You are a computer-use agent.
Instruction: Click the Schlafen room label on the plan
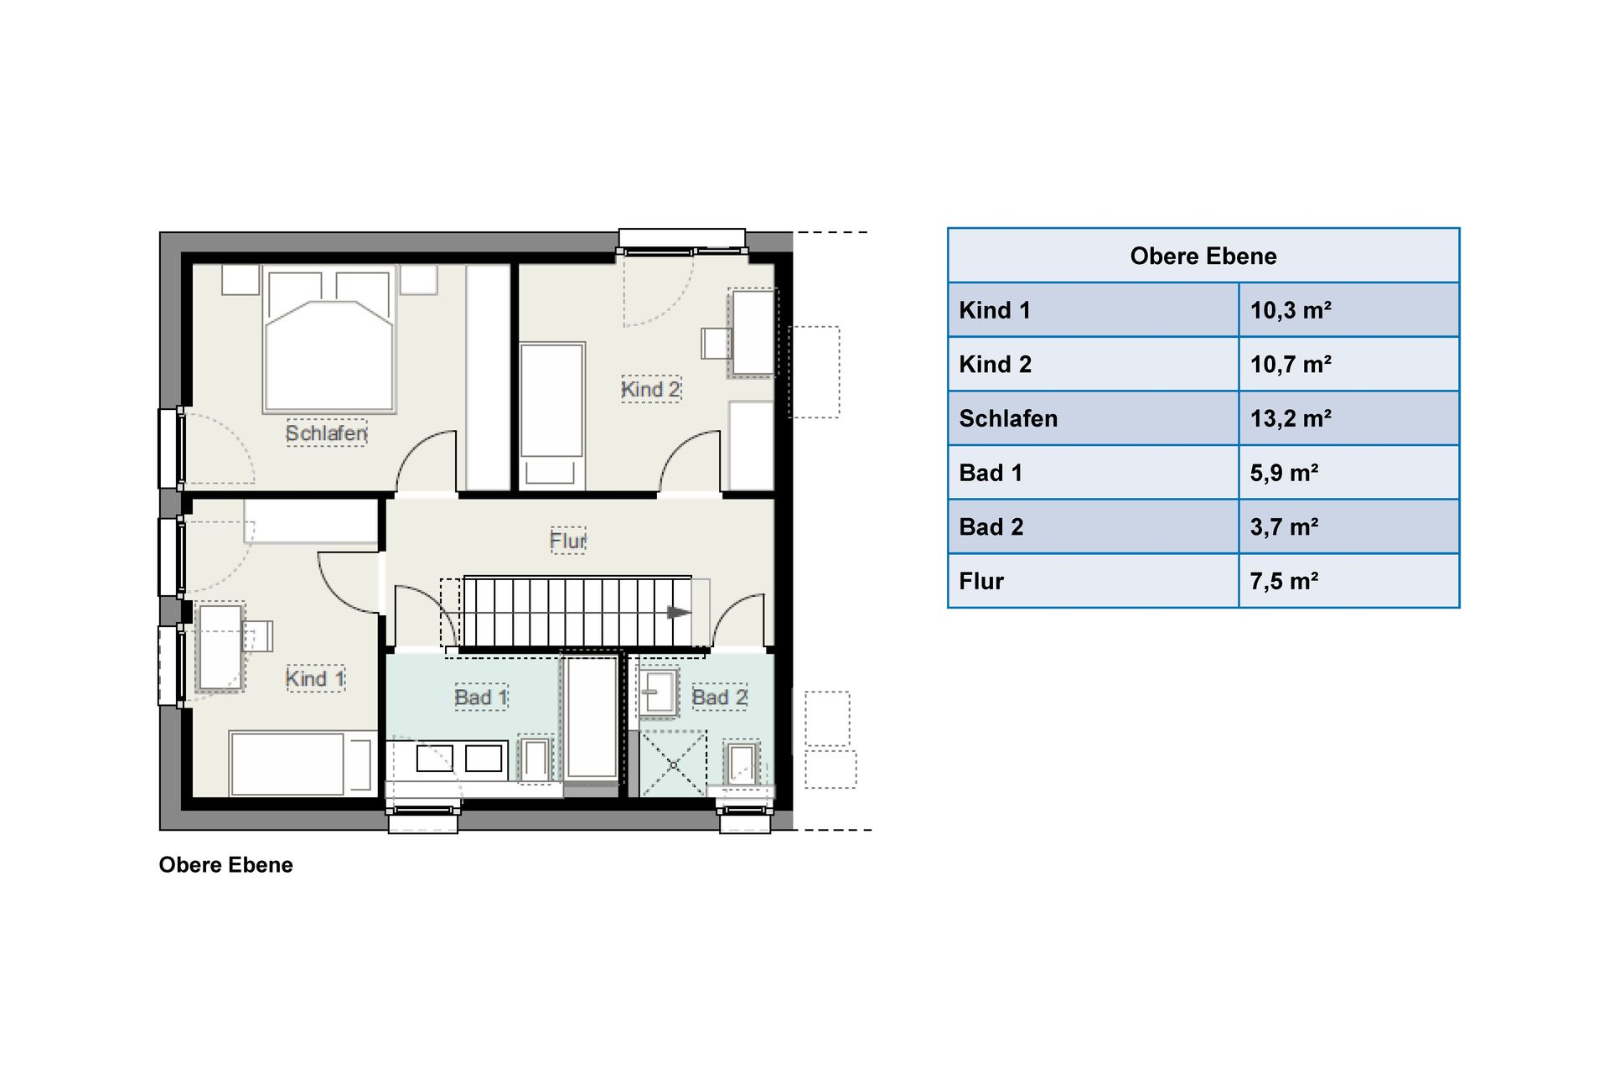tap(327, 433)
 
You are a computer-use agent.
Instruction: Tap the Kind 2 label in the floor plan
tap(651, 389)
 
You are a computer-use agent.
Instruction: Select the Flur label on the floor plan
tap(568, 540)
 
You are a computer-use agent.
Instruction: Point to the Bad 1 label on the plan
tap(481, 697)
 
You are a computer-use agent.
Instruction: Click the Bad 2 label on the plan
tap(719, 697)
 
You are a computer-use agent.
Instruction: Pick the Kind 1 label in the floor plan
tap(315, 678)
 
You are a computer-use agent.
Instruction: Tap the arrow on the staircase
tap(679, 613)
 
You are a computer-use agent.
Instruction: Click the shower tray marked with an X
tap(673, 764)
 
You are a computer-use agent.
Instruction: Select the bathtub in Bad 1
tap(592, 718)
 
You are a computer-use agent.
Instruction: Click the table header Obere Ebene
tap(1203, 256)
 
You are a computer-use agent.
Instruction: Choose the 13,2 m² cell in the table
tap(1291, 418)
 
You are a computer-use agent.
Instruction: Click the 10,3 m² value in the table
tap(1291, 310)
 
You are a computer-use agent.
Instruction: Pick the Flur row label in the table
tap(981, 581)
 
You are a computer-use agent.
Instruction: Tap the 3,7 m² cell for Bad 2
tap(1284, 526)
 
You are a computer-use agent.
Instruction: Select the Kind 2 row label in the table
tap(996, 365)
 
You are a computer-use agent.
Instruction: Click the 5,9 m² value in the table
tap(1284, 473)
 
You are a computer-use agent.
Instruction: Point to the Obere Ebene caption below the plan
tap(226, 865)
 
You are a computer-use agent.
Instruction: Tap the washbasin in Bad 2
tap(660, 692)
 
